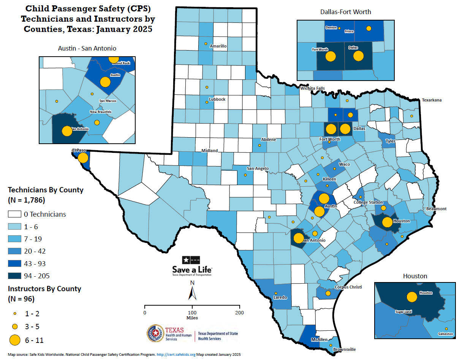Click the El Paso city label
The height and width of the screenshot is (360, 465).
tap(79, 151)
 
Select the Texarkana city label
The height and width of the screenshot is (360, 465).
tap(432, 100)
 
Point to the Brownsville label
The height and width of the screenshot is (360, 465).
tap(344, 349)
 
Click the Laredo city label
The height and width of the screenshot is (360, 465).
tap(280, 297)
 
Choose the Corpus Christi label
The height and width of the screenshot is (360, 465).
tap(348, 287)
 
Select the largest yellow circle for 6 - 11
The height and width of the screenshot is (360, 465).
tap(15, 340)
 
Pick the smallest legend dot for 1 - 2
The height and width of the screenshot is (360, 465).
tap(15, 314)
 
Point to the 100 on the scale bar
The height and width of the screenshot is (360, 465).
tap(192, 312)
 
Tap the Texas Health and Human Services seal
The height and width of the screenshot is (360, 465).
tap(155, 333)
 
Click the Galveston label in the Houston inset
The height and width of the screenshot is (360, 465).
tap(446, 334)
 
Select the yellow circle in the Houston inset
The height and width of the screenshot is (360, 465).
tap(411, 297)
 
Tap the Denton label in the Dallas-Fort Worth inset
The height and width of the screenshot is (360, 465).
tap(331, 27)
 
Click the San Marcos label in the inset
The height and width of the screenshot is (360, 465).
tap(108, 101)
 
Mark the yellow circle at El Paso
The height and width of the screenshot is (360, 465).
tap(83, 157)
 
